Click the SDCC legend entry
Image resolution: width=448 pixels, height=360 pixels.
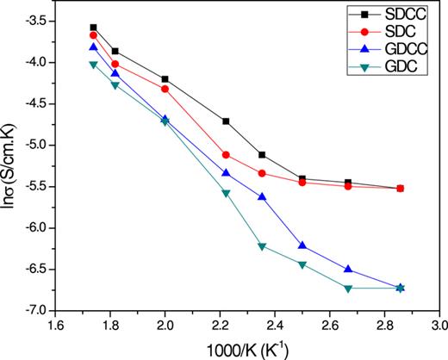397,16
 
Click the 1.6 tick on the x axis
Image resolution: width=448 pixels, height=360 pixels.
56,326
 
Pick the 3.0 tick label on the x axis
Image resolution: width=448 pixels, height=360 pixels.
439,326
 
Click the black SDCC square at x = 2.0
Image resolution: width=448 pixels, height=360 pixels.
165,78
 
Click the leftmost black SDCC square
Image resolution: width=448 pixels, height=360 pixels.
93,28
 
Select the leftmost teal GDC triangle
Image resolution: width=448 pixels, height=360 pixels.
93,65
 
